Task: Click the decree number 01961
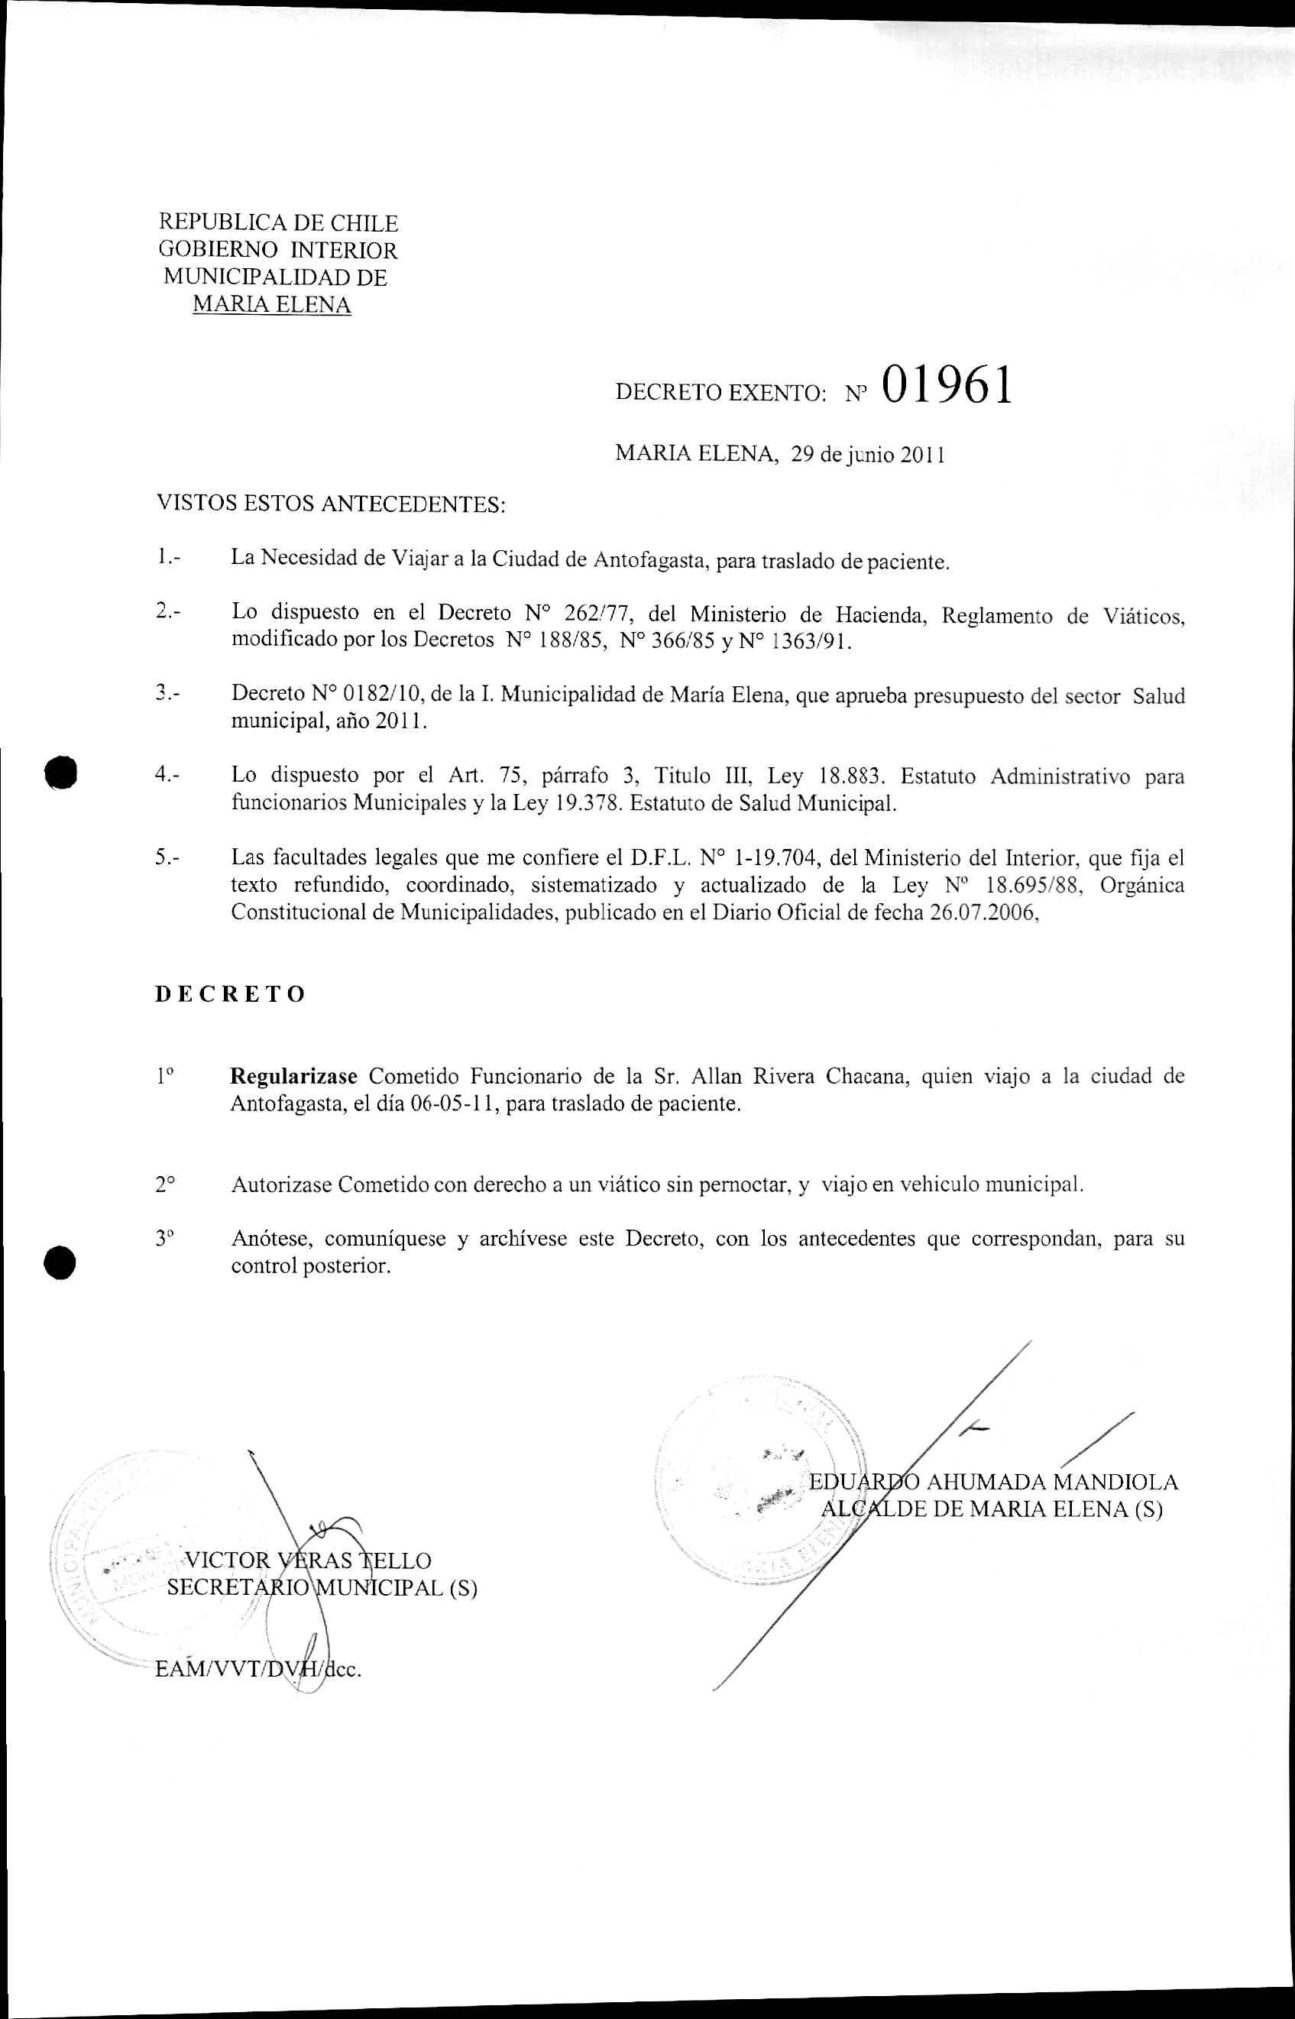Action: coord(947,386)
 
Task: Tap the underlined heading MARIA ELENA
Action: coord(272,304)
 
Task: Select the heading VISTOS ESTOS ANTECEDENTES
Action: coord(332,504)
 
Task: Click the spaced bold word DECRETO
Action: coord(231,994)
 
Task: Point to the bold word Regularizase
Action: coord(293,1076)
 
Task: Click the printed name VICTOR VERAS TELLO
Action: coord(307,1560)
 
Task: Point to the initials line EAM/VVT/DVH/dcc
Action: coord(258,1669)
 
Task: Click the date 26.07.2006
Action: coord(981,913)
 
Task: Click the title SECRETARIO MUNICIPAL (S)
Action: coord(322,1588)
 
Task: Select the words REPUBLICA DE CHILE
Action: coord(278,224)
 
